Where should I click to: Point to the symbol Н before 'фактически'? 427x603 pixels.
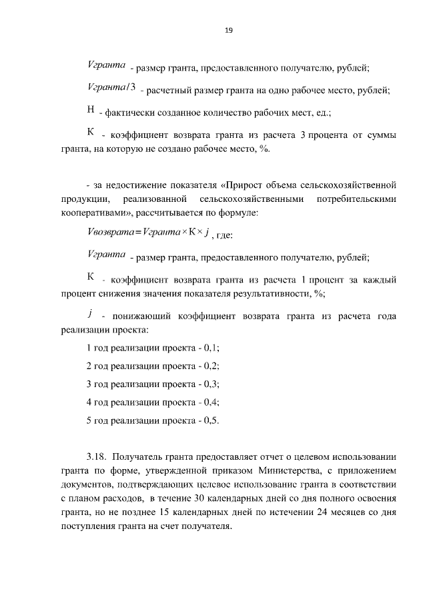point(91,111)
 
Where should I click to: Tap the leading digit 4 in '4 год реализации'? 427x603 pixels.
point(89,402)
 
